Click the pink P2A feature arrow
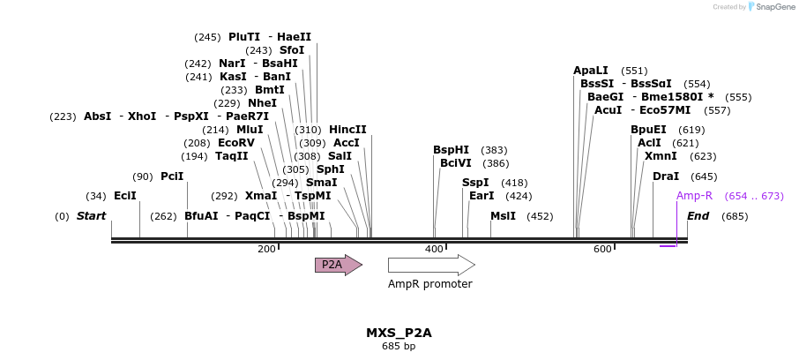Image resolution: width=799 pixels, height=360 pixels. pyautogui.click(x=338, y=265)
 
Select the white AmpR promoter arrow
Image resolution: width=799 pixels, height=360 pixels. pyautogui.click(x=430, y=265)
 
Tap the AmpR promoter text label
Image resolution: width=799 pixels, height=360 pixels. pyautogui.click(x=429, y=284)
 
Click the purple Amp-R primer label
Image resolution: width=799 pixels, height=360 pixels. pyautogui.click(x=694, y=196)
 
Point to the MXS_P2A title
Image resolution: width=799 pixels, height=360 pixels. pyautogui.click(x=399, y=333)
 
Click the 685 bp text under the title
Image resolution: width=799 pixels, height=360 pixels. pyautogui.click(x=399, y=347)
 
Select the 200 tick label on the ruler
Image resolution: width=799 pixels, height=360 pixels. pyautogui.click(x=266, y=250)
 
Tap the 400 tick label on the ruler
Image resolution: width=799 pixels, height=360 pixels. pyautogui.click(x=434, y=250)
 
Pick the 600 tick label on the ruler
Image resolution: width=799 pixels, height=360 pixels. pyautogui.click(x=602, y=250)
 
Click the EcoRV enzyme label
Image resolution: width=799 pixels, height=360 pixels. pyautogui.click(x=235, y=143)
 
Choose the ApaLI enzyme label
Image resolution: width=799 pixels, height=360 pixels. pyautogui.click(x=591, y=71)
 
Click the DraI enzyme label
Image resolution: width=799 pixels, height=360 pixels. pyautogui.click(x=666, y=176)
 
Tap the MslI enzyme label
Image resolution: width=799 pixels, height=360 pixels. pyautogui.click(x=503, y=216)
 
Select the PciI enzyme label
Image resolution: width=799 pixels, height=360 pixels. pyautogui.click(x=172, y=176)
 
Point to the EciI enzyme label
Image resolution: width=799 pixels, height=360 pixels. pyautogui.click(x=125, y=196)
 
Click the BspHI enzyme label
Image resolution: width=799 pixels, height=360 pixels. pyautogui.click(x=451, y=150)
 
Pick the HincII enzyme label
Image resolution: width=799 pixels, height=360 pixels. pyautogui.click(x=347, y=130)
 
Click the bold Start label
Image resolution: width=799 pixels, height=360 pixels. pyautogui.click(x=91, y=216)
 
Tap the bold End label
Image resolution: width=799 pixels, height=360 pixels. pyautogui.click(x=698, y=216)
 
